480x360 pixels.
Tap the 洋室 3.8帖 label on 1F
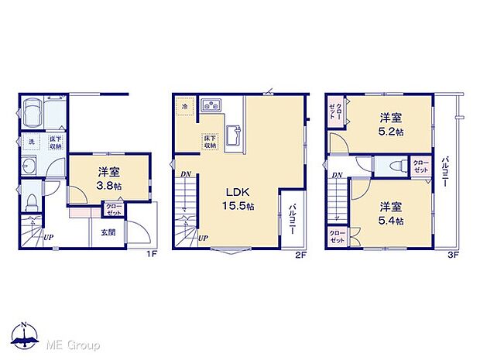coord(108,179)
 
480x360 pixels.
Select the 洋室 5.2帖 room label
coord(390,125)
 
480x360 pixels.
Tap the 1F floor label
coord(152,253)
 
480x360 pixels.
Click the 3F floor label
coord(454,253)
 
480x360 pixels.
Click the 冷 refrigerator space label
coord(185,106)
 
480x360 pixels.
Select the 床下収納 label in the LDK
coord(210,142)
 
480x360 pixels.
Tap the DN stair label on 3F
coord(338,176)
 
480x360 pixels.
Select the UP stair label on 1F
coord(48,236)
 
